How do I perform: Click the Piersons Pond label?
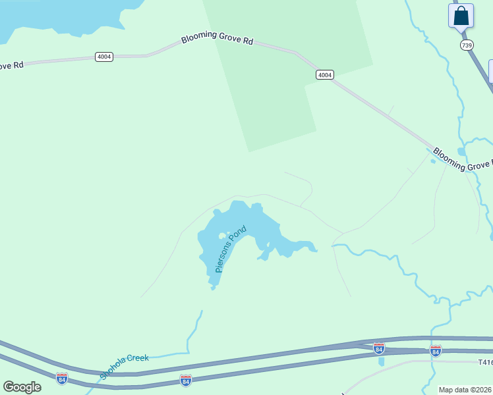[231, 249]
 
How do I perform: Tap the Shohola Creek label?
[125, 366]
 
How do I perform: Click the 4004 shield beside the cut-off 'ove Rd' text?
[104, 57]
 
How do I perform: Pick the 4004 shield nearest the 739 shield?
[324, 74]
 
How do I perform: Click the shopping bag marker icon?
[461, 16]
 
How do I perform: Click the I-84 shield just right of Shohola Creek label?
[186, 381]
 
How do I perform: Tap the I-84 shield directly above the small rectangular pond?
[379, 348]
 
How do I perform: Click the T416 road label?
[484, 363]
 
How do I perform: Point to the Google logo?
[22, 387]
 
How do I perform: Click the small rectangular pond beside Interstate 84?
[381, 361]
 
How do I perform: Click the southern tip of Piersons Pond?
[212, 287]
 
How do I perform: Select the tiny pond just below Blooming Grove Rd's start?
[433, 161]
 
